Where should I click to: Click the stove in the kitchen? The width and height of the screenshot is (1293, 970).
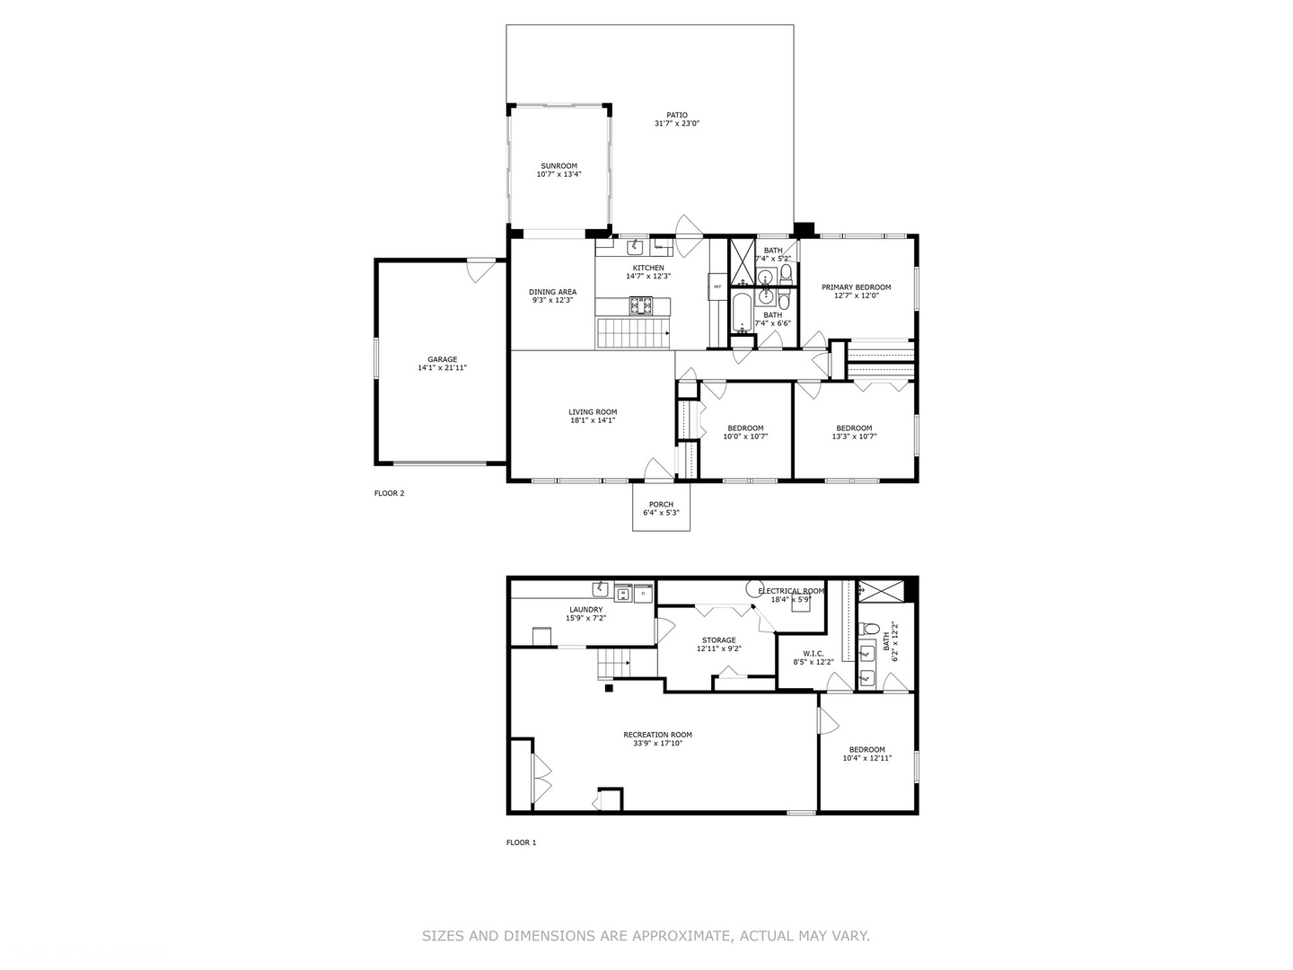coord(640,306)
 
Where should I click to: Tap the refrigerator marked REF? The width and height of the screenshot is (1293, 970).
coord(717,287)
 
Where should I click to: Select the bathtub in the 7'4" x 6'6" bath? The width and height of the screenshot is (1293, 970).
coord(742,313)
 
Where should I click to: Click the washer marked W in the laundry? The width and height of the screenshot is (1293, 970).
coord(623,593)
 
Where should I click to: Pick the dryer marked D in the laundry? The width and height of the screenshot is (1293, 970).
coord(643,593)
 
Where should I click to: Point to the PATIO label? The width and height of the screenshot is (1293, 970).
coord(676,115)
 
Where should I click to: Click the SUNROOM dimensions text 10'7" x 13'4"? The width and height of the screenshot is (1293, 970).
coord(559,174)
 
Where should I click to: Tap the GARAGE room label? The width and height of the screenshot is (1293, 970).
coord(442,359)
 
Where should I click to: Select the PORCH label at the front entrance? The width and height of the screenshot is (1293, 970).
coord(661,504)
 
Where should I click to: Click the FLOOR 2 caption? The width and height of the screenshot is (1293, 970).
coord(389,493)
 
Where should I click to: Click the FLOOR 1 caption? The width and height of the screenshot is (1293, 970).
coord(521,842)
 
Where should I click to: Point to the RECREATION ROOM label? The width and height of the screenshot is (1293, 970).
coord(657,735)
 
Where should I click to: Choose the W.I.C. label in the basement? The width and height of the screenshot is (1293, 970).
coord(813,653)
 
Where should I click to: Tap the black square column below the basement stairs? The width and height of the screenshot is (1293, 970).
coord(609,689)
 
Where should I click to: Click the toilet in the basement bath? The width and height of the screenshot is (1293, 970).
coord(867,677)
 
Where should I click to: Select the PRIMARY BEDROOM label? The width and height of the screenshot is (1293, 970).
coord(856,287)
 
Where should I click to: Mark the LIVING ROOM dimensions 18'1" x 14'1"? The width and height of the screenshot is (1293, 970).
coord(593,420)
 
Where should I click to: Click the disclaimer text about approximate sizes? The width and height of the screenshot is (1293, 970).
coord(646,936)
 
